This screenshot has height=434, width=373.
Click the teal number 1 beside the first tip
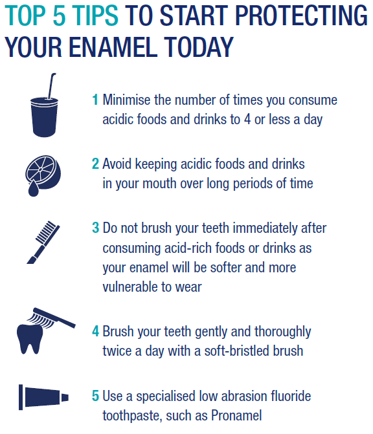(x=95, y=100)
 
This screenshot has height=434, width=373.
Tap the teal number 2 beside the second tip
(x=95, y=164)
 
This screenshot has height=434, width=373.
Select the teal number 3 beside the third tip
(x=96, y=228)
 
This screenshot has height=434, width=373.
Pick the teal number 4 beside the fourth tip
(x=96, y=331)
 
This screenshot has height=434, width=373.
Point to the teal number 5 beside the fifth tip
(x=96, y=396)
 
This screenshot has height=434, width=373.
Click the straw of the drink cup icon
(x=52, y=85)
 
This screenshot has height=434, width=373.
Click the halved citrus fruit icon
(x=43, y=172)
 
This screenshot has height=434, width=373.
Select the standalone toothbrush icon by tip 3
(x=43, y=242)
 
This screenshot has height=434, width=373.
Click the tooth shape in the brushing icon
(x=30, y=339)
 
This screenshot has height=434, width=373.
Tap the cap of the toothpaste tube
(x=65, y=398)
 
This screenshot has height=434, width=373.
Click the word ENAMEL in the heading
(x=113, y=47)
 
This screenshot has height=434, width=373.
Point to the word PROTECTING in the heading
(x=301, y=16)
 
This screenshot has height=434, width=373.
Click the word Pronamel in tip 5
(x=236, y=415)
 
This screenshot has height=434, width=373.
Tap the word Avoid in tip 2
(x=117, y=164)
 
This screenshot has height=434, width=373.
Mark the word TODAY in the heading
(x=198, y=47)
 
